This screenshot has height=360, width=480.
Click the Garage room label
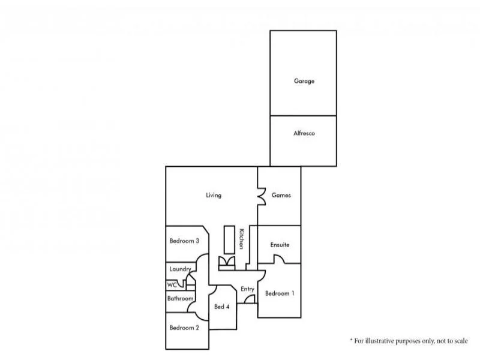304,81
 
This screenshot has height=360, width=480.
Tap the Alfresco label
304,133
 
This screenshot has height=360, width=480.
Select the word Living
214,195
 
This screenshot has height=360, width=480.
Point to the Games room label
281,195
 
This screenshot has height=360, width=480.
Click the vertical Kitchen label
241,239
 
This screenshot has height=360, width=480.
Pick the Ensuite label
280,245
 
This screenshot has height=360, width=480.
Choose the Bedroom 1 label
280,293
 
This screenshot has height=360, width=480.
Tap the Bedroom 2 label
184,328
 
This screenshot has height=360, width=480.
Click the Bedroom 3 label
184,241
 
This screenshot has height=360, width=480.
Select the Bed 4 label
221,307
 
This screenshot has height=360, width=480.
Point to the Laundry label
180,269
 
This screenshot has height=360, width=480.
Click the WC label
172,284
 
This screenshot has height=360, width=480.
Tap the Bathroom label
180,298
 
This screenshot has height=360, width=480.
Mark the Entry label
247,289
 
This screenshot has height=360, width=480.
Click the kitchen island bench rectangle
229,239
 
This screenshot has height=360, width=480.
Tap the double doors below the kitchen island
227,262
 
